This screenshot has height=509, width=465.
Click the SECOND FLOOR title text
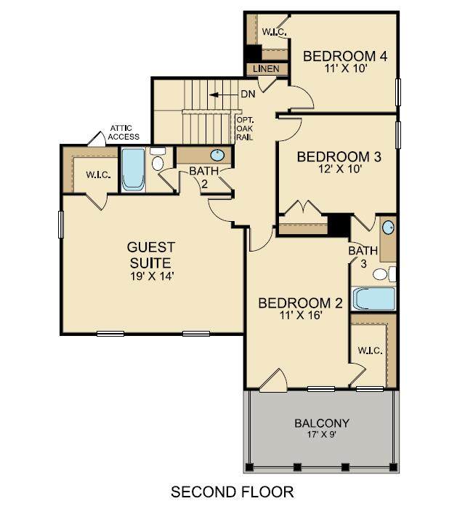coord(232,492)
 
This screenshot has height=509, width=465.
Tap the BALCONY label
coord(322,423)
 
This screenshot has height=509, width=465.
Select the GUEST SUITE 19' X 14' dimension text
coord(152,276)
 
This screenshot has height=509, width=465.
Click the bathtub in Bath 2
coord(133,169)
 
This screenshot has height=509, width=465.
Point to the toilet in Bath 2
coord(158,159)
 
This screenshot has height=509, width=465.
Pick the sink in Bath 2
coord(217,155)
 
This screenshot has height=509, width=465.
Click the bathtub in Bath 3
coord(374,299)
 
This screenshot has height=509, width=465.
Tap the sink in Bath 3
coord(389,227)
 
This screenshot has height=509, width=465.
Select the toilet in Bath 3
coord(384,274)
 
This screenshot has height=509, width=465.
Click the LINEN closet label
coord(266,69)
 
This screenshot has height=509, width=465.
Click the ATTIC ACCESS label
coord(124,132)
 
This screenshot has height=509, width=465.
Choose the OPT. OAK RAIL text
coord(245,129)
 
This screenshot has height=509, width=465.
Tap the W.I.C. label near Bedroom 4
coord(275,32)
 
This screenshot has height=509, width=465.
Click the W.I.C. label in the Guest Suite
coord(98,175)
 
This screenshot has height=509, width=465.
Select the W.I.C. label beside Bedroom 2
coord(371,350)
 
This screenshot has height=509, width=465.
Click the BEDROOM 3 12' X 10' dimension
coord(340,169)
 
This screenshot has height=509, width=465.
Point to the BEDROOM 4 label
coord(345,56)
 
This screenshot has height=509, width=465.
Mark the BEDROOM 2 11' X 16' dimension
coord(301,315)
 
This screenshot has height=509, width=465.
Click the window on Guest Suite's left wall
coord(60,224)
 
